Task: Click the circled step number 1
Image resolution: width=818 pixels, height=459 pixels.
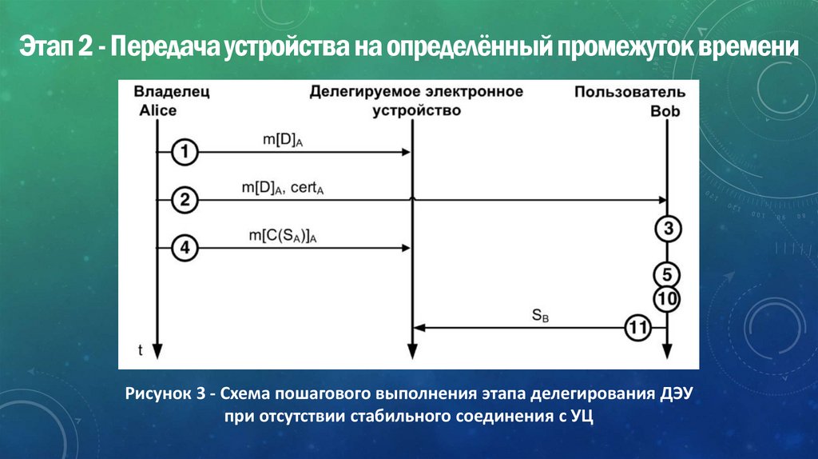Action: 185,151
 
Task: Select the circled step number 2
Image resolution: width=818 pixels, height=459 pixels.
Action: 185,200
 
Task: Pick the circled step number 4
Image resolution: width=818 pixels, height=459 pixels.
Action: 185,249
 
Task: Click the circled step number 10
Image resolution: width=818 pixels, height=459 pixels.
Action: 667,299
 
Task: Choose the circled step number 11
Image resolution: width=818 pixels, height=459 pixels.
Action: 637,328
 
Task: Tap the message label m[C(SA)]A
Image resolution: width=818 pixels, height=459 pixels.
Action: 287,237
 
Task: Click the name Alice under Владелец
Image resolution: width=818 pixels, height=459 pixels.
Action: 157,110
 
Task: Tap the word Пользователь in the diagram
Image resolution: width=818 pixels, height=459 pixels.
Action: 629,92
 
